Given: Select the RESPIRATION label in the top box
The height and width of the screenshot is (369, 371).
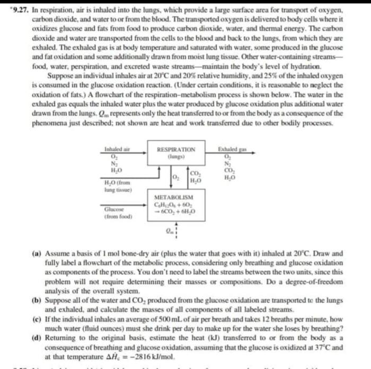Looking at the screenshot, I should click(x=176, y=150).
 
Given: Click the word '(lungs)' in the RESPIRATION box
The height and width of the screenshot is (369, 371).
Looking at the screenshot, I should click(x=175, y=156).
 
